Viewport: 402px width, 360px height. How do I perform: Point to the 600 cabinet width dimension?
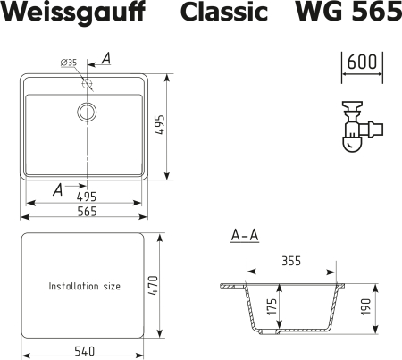tap(361, 63)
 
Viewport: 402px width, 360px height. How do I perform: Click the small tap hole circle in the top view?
tap(88, 83)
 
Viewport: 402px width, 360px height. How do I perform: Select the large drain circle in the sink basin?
tap(88, 112)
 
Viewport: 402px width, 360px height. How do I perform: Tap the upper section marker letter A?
tap(105, 59)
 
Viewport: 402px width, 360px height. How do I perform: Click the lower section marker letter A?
tap(58, 188)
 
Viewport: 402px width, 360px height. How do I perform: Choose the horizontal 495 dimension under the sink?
tap(87, 196)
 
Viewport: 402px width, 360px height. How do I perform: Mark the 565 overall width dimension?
tap(87, 212)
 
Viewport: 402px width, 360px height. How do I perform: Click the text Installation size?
tap(84, 287)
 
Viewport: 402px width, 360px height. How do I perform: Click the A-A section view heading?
tap(245, 236)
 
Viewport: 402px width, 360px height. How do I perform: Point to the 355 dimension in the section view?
tap(290, 261)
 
